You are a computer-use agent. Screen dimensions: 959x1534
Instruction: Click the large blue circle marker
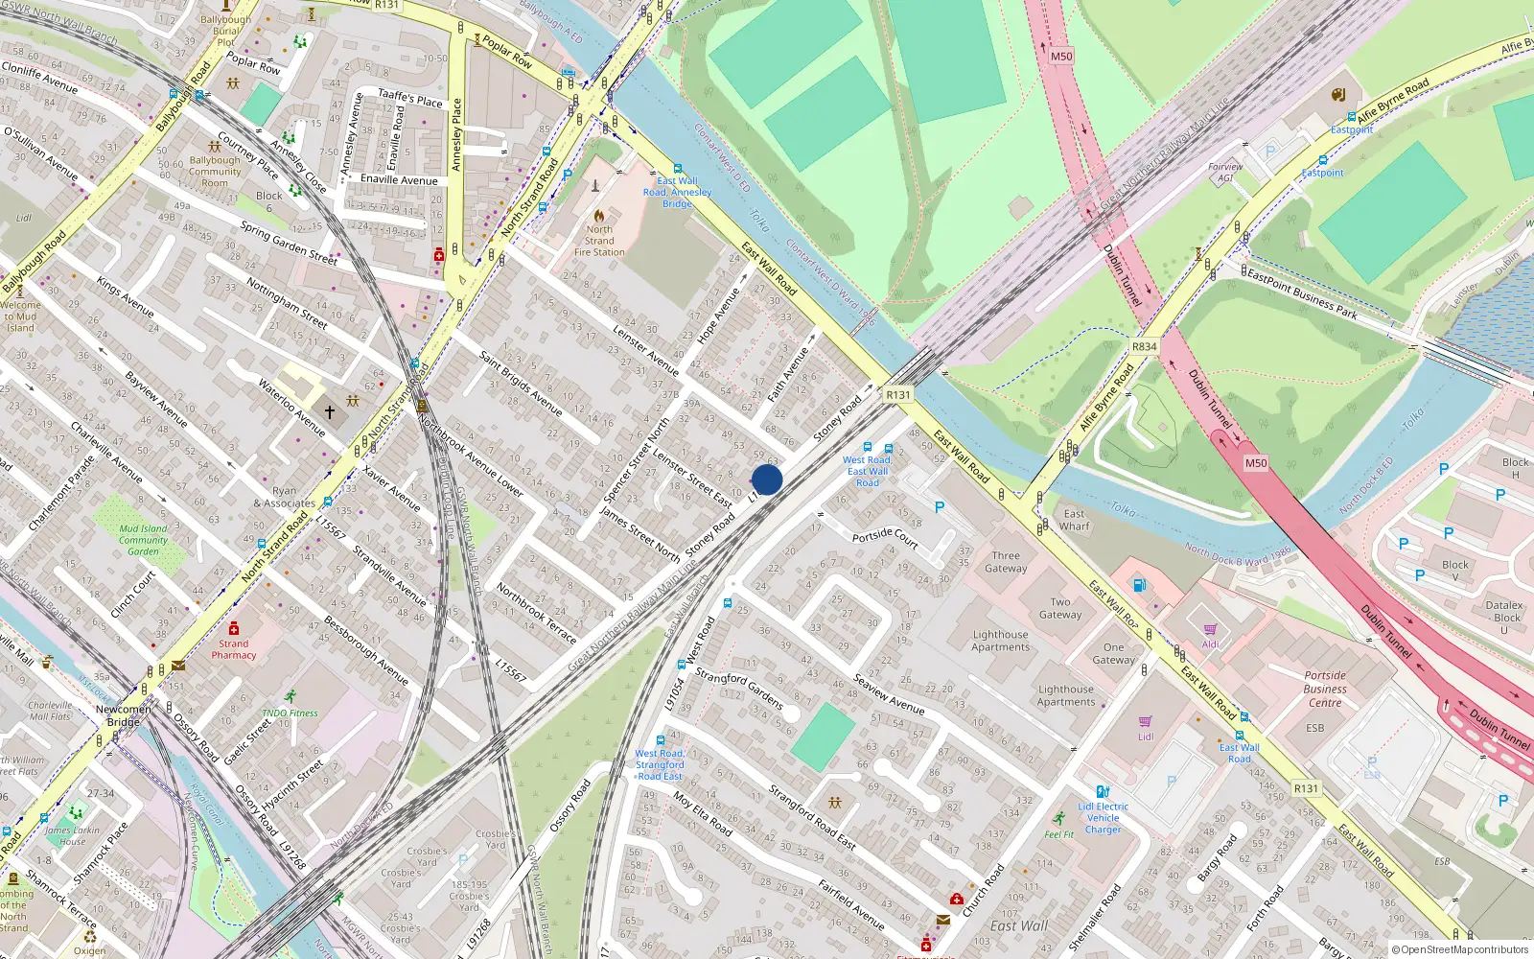pyautogui.click(x=767, y=479)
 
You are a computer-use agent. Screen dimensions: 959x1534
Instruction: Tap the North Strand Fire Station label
pyautogui.click(x=599, y=241)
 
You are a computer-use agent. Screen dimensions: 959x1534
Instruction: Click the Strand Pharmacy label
pyautogui.click(x=233, y=649)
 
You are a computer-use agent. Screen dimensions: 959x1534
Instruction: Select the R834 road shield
pyautogui.click(x=1144, y=346)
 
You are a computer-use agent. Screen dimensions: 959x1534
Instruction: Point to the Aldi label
pyautogui.click(x=1211, y=643)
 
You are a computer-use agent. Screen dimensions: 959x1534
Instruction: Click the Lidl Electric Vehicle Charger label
pyautogui.click(x=1103, y=818)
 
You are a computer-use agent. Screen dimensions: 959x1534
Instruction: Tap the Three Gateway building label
pyautogui.click(x=1006, y=562)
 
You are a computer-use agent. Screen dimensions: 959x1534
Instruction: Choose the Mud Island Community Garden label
pyautogui.click(x=143, y=540)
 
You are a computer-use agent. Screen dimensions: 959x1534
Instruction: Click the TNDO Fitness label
pyautogui.click(x=290, y=713)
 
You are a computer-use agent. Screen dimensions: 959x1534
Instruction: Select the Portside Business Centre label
pyautogui.click(x=1325, y=689)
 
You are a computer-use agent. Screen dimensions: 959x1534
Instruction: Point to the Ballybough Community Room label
pyautogui.click(x=215, y=172)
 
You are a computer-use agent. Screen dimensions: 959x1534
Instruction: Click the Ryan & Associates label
pyautogui.click(x=284, y=497)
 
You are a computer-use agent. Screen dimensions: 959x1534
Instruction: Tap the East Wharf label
pyautogui.click(x=1074, y=520)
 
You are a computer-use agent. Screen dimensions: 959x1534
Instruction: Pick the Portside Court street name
pyautogui.click(x=885, y=536)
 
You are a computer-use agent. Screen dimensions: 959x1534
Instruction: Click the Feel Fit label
pyautogui.click(x=1058, y=834)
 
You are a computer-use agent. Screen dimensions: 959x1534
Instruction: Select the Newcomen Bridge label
pyautogui.click(x=123, y=715)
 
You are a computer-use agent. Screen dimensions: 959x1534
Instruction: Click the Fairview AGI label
pyautogui.click(x=1225, y=173)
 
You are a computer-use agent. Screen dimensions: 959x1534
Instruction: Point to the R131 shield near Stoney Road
pyautogui.click(x=898, y=394)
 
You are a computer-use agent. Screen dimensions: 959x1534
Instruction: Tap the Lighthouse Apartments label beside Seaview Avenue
pyautogui.click(x=1065, y=695)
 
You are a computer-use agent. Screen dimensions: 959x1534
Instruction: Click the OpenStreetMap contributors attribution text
pyautogui.click(x=1460, y=949)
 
